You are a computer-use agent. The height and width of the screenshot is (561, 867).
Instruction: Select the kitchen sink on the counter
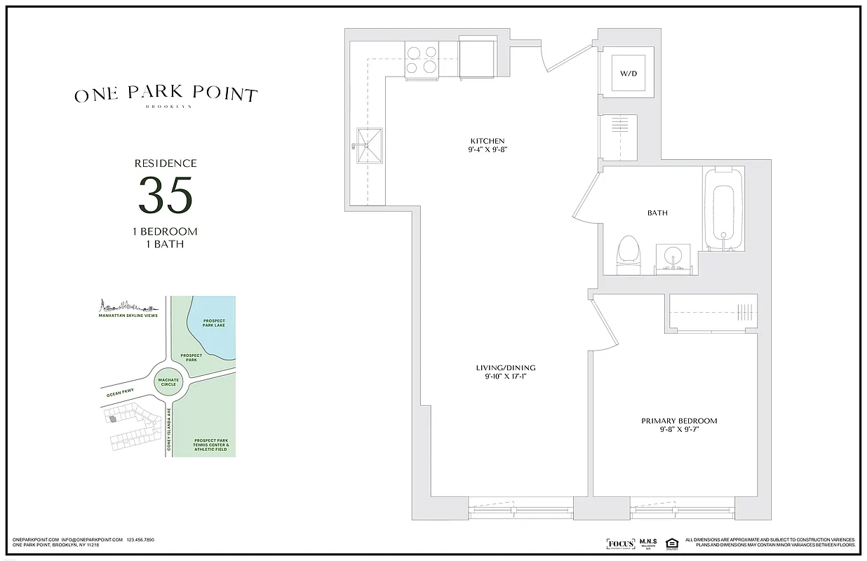click(370, 147)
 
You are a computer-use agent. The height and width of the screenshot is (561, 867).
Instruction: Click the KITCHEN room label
click(488, 141)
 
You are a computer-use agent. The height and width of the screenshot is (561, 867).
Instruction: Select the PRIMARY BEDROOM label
click(679, 421)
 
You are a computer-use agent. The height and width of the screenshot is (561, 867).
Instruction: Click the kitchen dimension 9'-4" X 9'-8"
click(488, 150)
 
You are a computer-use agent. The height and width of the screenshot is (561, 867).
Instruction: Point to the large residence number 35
click(166, 196)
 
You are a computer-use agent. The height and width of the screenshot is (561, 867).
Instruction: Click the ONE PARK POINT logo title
click(166, 95)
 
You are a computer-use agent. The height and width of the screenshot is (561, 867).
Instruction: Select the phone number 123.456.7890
click(140, 540)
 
